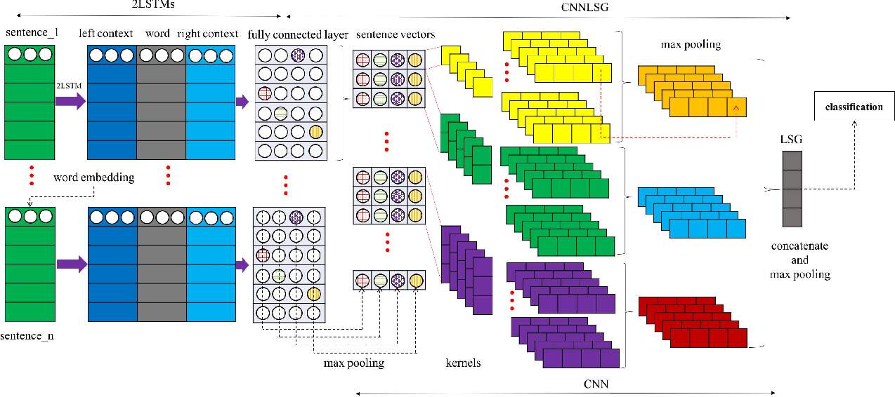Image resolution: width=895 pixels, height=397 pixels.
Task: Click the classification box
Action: click(854, 107)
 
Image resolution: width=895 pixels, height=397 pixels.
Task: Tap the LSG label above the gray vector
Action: click(791, 140)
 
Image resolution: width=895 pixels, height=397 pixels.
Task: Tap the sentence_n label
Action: click(29, 336)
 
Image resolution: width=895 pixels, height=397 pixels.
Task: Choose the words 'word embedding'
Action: click(93, 177)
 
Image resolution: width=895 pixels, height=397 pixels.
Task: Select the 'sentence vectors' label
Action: click(396, 34)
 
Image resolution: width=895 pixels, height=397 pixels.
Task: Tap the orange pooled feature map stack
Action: click(692, 91)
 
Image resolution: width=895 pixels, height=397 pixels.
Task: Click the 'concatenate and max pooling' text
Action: click(799, 260)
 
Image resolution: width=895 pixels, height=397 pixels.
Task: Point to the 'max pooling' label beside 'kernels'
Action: click(353, 363)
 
